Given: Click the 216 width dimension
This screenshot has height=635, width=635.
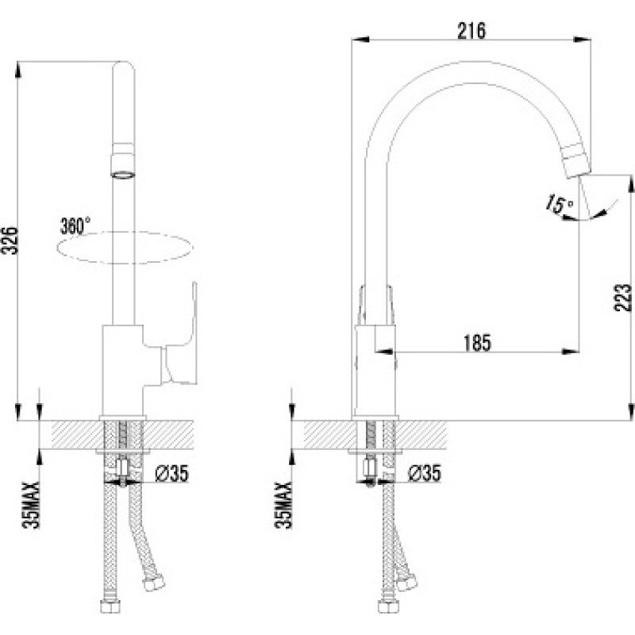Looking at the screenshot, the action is [471, 31].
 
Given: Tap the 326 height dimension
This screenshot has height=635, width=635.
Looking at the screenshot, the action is [11, 241].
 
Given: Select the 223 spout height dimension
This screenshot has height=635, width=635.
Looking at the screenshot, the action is [622, 298].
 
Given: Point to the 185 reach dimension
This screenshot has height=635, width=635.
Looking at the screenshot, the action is [477, 343].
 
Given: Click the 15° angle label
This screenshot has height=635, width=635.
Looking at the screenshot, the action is [559, 203].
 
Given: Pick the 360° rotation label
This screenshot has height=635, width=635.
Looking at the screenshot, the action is [75, 225].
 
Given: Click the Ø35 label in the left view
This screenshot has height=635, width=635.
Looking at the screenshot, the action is [172, 472].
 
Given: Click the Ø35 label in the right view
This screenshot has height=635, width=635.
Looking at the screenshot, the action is [424, 472].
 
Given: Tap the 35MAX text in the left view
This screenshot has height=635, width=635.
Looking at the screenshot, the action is [31, 505].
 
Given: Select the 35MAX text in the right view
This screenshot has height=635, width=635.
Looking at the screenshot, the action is [283, 505].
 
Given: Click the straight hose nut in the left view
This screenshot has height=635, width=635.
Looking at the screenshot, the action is [110, 606].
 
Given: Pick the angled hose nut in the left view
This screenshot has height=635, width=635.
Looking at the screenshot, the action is [153, 583].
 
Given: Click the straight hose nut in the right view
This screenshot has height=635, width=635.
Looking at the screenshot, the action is [388, 606].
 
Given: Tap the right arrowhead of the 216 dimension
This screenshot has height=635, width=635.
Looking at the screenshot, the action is [582, 39].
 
